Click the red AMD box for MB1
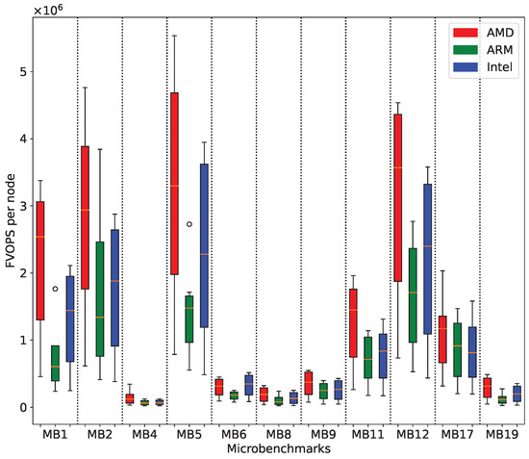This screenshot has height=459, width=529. click(x=39, y=260)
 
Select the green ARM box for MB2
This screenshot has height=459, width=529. click(x=100, y=298)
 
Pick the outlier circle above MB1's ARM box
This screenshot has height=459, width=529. click(x=55, y=289)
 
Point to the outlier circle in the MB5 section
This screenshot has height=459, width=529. click(x=189, y=224)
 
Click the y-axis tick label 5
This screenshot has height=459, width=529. click(x=19, y=72)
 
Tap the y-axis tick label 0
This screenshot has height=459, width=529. click(x=19, y=407)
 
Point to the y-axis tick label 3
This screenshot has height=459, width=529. click(x=19, y=206)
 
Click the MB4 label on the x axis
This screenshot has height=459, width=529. click(x=144, y=435)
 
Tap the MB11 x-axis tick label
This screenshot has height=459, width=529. click(x=367, y=435)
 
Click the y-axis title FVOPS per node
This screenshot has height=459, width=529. click(x=8, y=223)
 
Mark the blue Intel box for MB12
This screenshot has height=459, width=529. click(x=428, y=272)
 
